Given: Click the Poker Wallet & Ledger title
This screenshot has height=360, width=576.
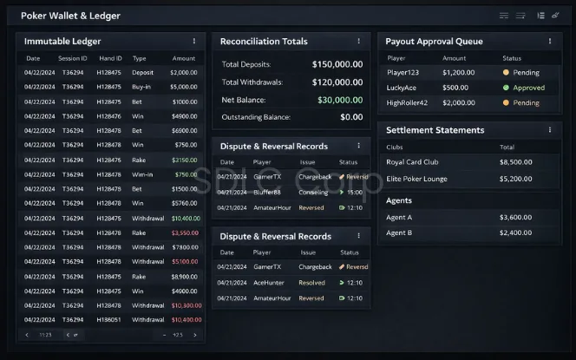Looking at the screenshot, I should [70, 16].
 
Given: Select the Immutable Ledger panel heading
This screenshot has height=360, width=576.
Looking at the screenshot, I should [62, 41].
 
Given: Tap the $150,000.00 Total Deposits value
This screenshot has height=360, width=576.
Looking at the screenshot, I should [337, 64].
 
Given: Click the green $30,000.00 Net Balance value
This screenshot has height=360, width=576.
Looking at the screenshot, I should [340, 100].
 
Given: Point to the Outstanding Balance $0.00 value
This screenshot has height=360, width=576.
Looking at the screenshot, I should [351, 117].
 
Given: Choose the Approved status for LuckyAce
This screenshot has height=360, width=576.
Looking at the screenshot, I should [528, 88].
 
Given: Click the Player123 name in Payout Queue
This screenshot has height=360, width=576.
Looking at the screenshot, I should [404, 73].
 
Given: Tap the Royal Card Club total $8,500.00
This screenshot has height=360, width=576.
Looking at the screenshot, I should [515, 162].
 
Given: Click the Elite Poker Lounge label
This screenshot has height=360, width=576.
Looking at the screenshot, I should [416, 179].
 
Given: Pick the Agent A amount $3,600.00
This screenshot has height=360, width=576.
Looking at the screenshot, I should [515, 217].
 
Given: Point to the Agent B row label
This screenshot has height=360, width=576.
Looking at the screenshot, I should [399, 232].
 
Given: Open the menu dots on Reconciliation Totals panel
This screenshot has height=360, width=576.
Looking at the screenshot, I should [358, 41].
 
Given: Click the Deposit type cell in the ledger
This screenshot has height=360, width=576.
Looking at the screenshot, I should [143, 73].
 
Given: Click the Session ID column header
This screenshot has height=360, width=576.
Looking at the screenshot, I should [73, 58].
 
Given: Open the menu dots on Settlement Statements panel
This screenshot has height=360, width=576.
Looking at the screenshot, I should [549, 130].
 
